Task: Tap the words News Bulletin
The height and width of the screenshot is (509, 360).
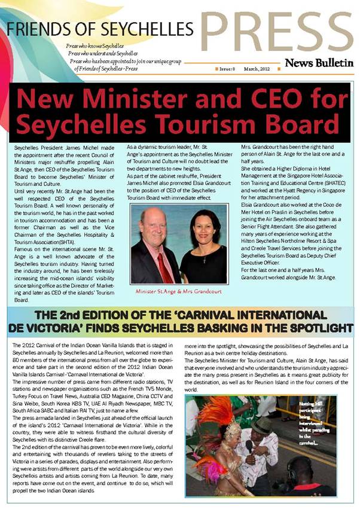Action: point(319,63)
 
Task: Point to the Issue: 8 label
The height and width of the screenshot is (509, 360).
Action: point(228,69)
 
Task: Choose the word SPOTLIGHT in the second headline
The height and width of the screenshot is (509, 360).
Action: point(311,328)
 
